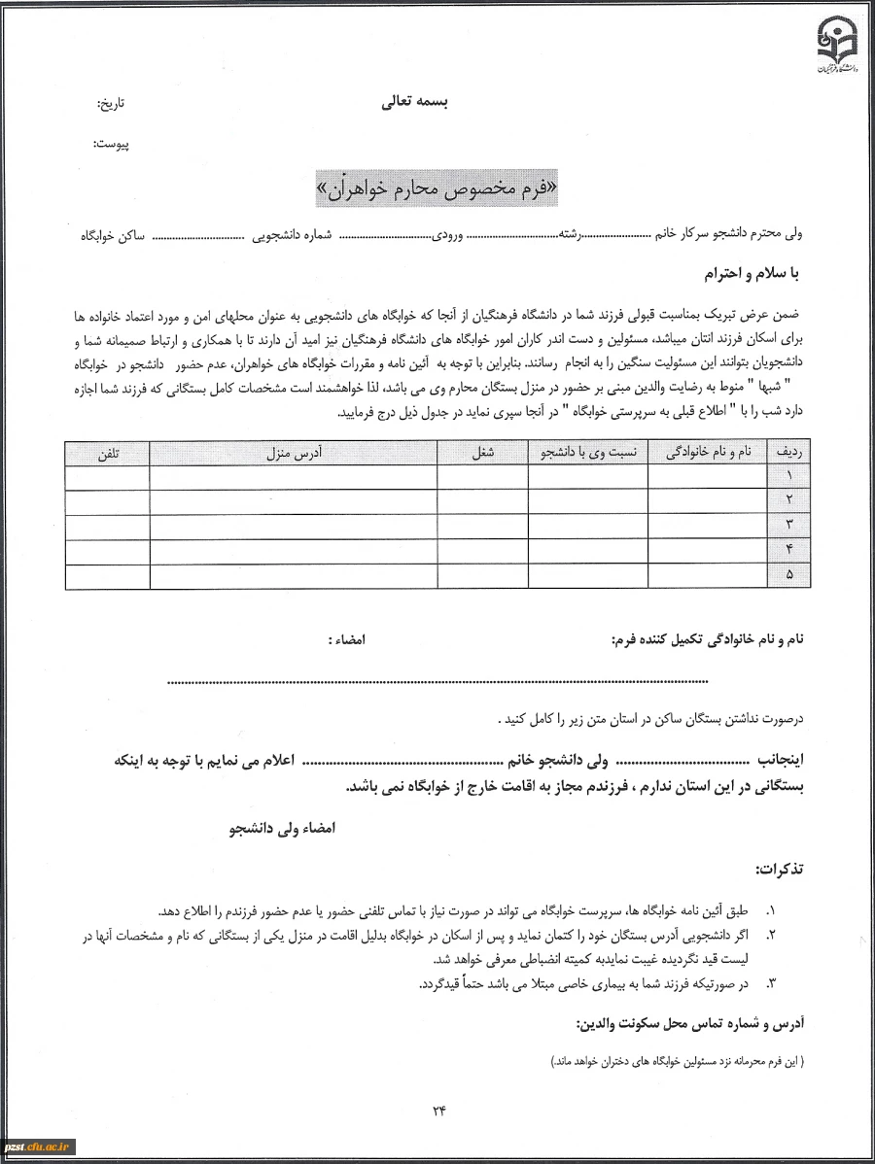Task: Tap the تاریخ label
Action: (x=112, y=102)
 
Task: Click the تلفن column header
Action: (x=107, y=453)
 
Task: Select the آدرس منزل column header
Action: (x=294, y=453)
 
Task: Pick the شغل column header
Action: (x=483, y=453)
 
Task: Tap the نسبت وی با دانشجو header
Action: (x=588, y=453)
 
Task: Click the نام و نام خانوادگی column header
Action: (x=708, y=453)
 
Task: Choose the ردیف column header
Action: (x=789, y=453)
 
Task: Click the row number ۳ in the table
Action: (x=789, y=527)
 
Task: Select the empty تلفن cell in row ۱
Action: (x=107, y=477)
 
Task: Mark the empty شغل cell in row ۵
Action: (x=483, y=576)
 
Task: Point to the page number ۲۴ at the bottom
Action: (x=437, y=1113)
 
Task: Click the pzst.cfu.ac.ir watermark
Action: (x=39, y=1147)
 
